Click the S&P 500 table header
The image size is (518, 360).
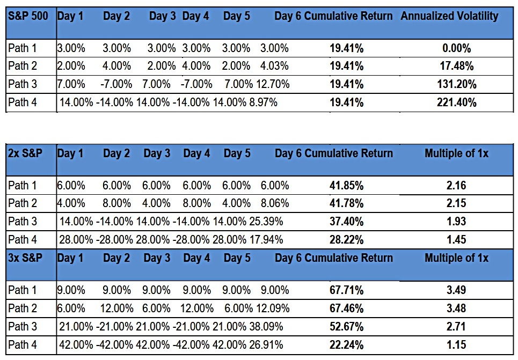tap(28, 16)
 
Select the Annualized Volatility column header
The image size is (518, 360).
tap(449, 16)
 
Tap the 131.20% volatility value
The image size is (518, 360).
tap(457, 84)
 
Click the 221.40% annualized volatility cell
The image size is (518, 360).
tap(457, 102)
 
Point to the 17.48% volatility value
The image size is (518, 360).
tap(457, 66)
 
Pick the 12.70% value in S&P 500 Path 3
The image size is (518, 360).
tap(273, 84)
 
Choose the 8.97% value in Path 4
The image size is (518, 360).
tap(263, 102)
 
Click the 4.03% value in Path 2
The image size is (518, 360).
tap(274, 66)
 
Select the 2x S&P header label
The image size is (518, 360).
tap(25, 153)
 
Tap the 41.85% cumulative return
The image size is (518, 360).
tap(347, 186)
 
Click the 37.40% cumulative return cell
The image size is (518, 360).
tap(347, 221)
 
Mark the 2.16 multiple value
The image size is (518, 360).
tap(456, 185)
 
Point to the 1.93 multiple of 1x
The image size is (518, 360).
tap(456, 221)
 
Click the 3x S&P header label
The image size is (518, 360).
tap(25, 258)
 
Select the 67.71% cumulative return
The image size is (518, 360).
tap(347, 290)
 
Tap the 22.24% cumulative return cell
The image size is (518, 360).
tap(347, 345)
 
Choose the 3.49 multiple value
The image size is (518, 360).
tap(456, 290)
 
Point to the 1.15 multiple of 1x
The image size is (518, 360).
tap(456, 345)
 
